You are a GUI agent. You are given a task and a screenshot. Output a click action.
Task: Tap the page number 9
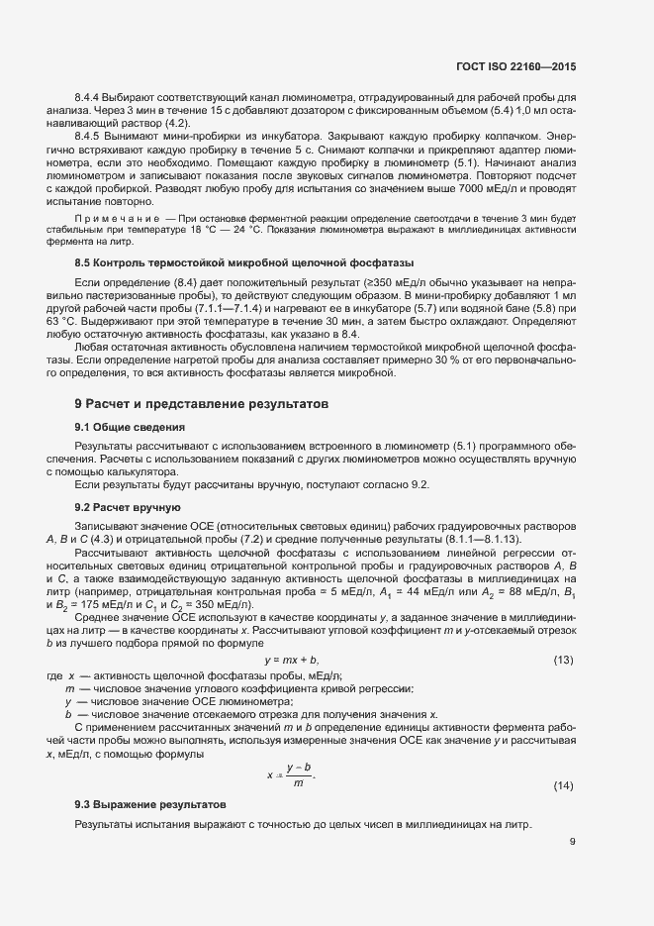(572, 843)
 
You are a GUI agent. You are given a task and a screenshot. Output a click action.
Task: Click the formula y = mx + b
(291, 661)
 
